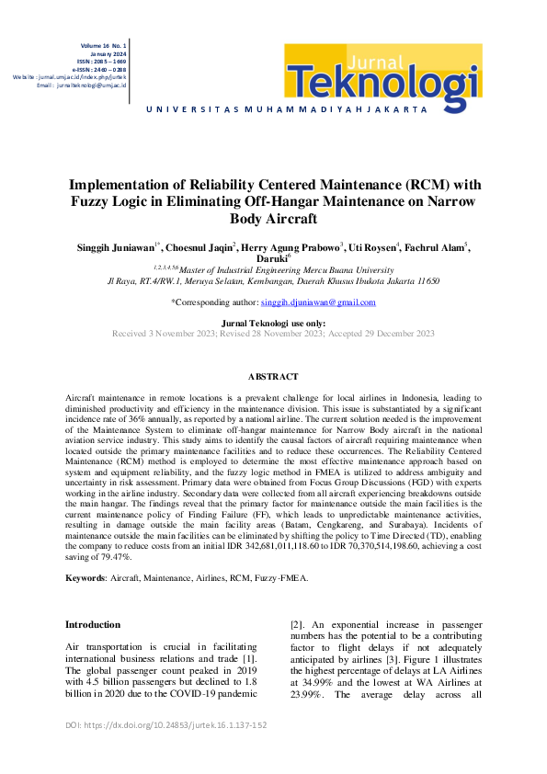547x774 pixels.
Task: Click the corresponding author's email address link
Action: click(x=317, y=302)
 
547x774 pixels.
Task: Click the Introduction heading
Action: click(x=92, y=624)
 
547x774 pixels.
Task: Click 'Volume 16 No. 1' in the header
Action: click(x=104, y=44)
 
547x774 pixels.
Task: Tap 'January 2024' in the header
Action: click(x=109, y=52)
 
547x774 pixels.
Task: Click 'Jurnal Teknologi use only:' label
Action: click(x=273, y=324)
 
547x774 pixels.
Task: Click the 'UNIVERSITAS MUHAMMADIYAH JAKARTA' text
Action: click(x=286, y=109)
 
